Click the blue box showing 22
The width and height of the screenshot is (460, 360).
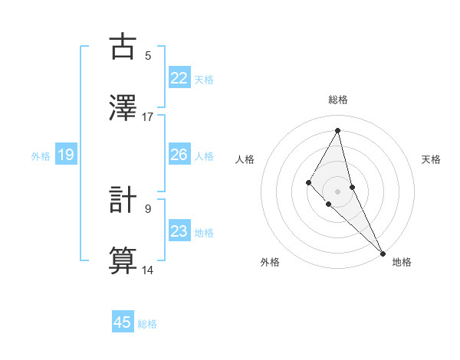pyautogui.click(x=179, y=78)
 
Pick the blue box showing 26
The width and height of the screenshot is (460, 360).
pyautogui.click(x=179, y=155)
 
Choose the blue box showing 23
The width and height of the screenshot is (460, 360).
pyautogui.click(x=179, y=231)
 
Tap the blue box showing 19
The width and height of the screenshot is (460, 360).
pyautogui.click(x=65, y=155)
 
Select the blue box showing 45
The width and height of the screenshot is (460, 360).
pyautogui.click(x=123, y=322)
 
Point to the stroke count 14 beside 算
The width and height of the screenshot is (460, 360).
pyautogui.click(x=148, y=270)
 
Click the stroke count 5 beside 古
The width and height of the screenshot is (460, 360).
pyautogui.click(x=148, y=56)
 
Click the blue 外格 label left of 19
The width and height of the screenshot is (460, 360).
pyautogui.click(x=41, y=156)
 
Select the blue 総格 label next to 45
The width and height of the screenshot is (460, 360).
pyautogui.click(x=147, y=324)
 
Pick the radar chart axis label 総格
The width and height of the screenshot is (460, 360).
pyautogui.click(x=337, y=100)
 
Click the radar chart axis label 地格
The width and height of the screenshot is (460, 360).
pyautogui.click(x=402, y=262)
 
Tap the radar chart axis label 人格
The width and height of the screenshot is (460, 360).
pyautogui.click(x=245, y=159)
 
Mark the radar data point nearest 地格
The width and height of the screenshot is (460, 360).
pyautogui.click(x=383, y=252)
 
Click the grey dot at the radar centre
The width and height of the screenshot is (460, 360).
pyautogui.click(x=337, y=191)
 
